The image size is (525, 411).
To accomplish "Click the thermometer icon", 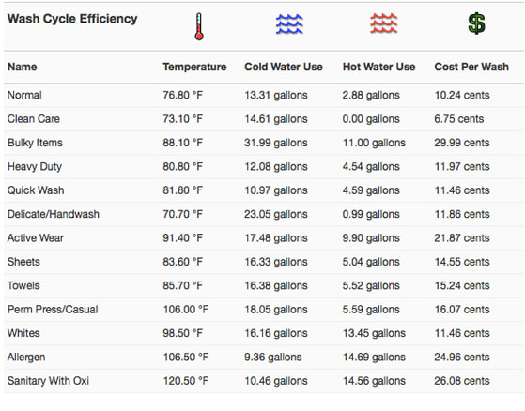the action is coord(199,27).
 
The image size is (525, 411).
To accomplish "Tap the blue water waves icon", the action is coord(289,24).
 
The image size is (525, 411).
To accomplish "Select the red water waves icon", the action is coord(384,23).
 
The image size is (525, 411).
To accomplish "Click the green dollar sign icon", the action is coord(476,23).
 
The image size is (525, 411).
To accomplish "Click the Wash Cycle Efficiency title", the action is coord(72,19).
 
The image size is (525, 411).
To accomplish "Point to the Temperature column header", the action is coord(194,67).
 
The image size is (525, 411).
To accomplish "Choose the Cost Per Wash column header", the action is coord(471,67).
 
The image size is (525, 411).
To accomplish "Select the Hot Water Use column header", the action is coord(378,67).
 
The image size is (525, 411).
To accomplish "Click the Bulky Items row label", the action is coord(35,143).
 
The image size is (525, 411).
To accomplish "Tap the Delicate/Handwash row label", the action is coord(54,214).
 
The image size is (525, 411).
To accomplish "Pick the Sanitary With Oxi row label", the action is coord(48,381).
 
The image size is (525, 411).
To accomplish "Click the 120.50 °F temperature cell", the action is coord(186,381).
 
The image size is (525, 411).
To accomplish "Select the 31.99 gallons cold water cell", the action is coord(275,143).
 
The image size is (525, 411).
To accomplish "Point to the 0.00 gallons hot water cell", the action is coord(371,119).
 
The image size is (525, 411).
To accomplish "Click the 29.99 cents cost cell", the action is coord(462,143).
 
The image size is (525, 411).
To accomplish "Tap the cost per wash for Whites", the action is coord(462,333).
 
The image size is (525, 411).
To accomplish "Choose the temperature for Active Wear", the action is coord(183,237).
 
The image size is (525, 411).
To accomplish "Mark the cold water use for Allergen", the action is coord(273,357).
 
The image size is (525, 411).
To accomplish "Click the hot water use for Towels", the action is coord(371,285).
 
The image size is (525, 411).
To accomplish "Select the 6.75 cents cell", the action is coord(459,119).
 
